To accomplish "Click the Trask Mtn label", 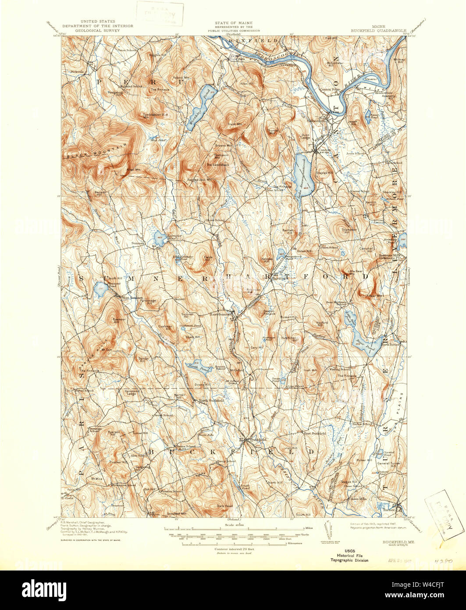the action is (235, 124).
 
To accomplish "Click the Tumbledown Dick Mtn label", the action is (156, 115).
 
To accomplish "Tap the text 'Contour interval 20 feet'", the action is (235, 549).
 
